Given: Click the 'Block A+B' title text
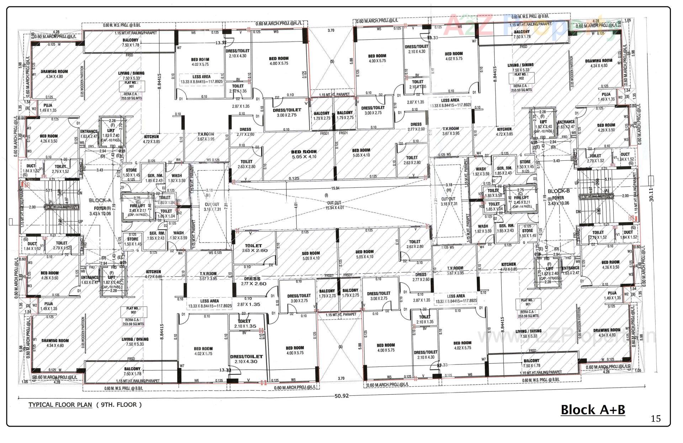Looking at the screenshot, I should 593,410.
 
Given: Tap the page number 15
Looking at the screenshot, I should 656,418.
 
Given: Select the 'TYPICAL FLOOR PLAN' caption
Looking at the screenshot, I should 60,405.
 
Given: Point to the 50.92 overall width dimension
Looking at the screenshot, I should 342,396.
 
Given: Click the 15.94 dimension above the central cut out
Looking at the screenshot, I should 335,188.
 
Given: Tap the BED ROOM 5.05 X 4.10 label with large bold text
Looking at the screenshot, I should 304,154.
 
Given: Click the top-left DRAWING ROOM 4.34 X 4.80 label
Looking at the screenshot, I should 54,74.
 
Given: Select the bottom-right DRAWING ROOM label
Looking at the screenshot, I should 607,332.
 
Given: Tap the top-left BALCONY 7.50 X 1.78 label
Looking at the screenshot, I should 131,43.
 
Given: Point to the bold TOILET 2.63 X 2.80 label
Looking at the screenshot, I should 253,248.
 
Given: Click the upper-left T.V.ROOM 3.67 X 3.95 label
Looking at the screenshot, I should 206,137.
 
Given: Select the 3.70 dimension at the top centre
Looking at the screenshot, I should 331,31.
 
